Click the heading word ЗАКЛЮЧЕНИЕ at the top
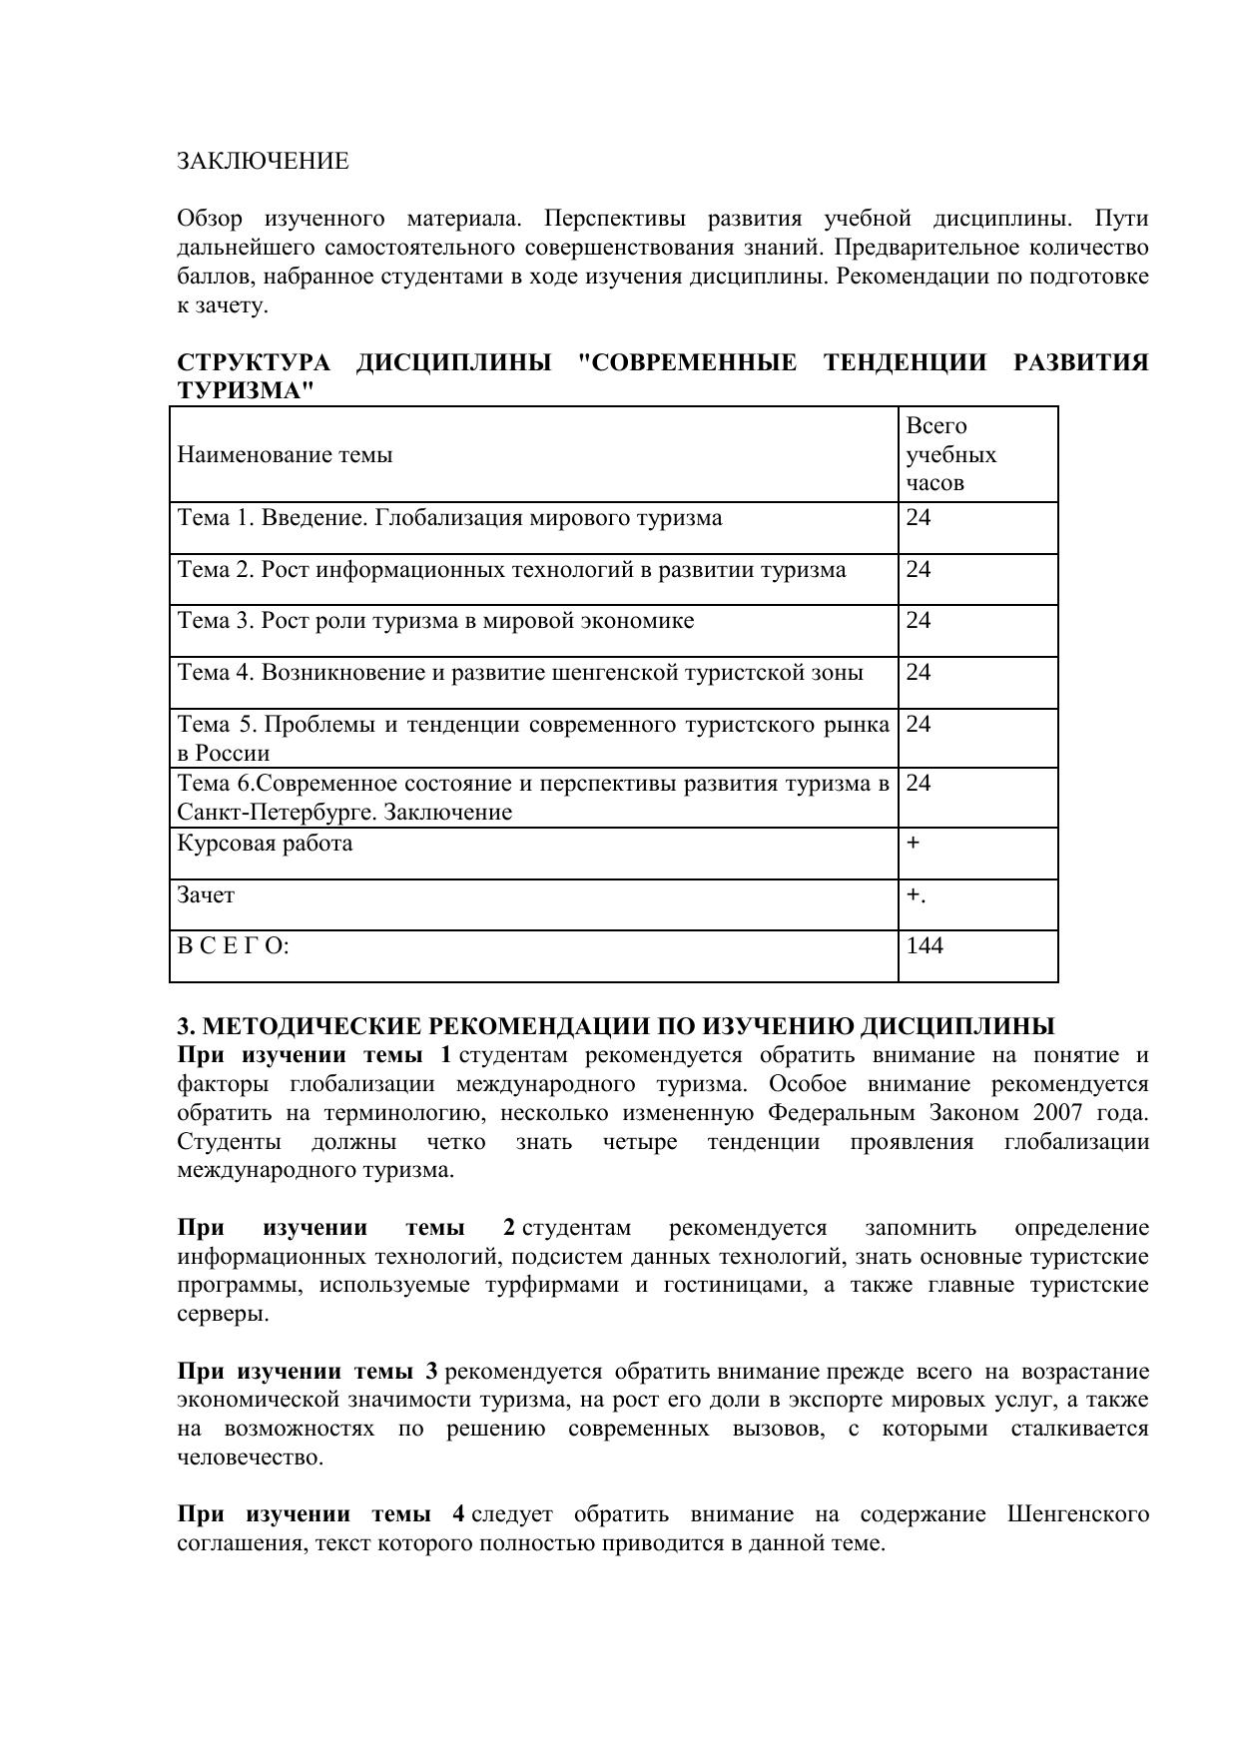[x=263, y=162]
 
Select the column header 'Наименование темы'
[x=285, y=455]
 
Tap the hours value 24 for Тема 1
[x=919, y=518]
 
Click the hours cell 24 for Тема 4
[x=919, y=673]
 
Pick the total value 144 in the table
[x=925, y=945]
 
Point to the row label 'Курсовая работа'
[x=265, y=844]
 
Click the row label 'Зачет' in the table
[x=206, y=895]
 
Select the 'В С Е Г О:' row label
[x=233, y=945]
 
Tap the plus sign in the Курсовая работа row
[x=913, y=844]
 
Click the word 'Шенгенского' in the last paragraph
[x=1078, y=1514]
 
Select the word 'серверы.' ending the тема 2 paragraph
[x=223, y=1314]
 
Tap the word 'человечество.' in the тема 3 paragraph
[x=251, y=1458]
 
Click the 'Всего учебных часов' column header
[x=950, y=455]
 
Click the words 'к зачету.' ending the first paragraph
[x=223, y=305]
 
